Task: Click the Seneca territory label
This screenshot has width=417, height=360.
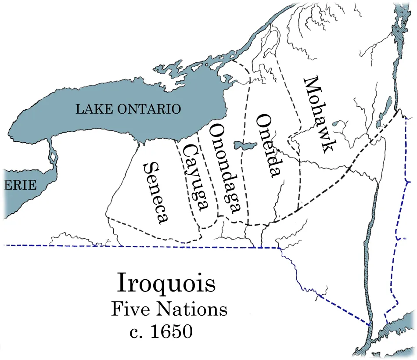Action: coord(157,193)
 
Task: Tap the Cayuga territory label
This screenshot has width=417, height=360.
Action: coord(194,177)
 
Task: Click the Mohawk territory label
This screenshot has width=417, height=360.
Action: coord(317,115)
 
